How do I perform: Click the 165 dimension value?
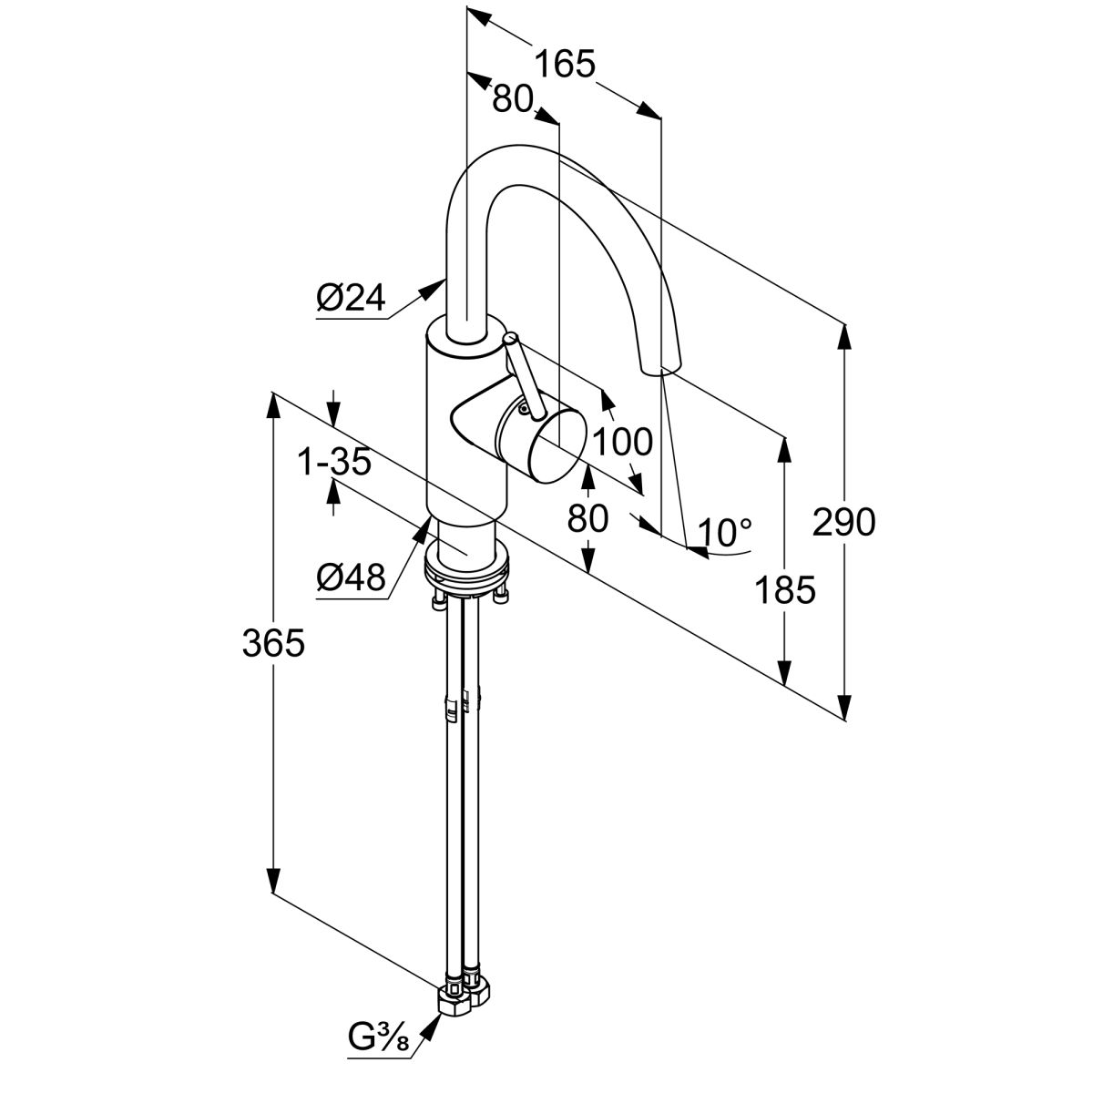[564, 65]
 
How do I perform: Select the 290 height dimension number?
[844, 522]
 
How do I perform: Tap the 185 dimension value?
[784, 591]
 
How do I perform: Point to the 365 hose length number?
[272, 643]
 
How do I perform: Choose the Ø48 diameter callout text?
[351, 577]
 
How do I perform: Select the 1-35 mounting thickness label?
[334, 463]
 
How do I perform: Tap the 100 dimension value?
[622, 442]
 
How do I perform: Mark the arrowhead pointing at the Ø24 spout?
[433, 290]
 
